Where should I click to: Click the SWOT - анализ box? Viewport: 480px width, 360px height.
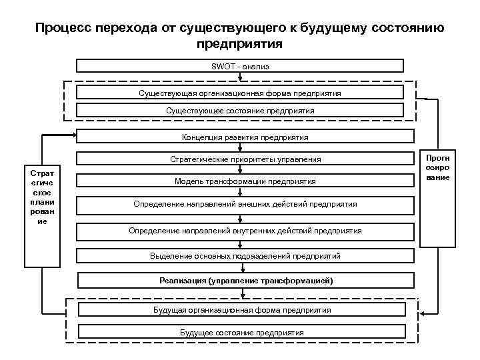tap(240, 66)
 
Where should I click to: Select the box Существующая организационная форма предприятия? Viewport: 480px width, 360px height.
tap(240, 93)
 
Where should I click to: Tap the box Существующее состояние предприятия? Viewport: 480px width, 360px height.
tap(240, 111)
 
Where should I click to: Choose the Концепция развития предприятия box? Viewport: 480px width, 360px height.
tap(245, 137)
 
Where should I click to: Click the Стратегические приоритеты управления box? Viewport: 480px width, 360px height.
tap(245, 159)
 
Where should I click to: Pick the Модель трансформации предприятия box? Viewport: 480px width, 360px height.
tap(245, 181)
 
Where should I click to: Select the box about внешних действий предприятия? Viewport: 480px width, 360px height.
tap(245, 204)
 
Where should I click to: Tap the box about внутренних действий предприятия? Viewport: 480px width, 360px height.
tap(245, 231)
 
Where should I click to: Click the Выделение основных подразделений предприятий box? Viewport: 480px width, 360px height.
tap(245, 255)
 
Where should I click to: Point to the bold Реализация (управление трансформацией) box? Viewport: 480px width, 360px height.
tap(245, 281)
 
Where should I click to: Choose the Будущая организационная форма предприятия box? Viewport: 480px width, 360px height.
tap(241, 310)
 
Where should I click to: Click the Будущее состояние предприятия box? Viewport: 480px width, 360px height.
tap(241, 332)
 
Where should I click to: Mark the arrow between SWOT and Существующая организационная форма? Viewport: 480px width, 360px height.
tap(240, 78)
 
